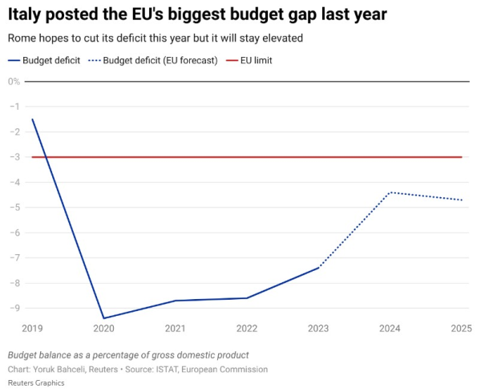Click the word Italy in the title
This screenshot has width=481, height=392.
click(24, 14)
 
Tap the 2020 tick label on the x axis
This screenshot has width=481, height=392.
click(103, 329)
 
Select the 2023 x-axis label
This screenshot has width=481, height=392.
click(318, 329)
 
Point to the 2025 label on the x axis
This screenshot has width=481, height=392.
click(461, 329)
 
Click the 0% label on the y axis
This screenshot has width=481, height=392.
click(14, 82)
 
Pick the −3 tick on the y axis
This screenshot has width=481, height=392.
click(15, 157)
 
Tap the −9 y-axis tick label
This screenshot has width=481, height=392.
click(15, 308)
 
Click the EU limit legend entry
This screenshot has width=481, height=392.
click(249, 60)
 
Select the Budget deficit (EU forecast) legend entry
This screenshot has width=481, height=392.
click(153, 60)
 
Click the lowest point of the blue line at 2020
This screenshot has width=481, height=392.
click(103, 318)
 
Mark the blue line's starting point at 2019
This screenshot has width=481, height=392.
click(33, 119)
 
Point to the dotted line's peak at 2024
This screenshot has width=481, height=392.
click(390, 192)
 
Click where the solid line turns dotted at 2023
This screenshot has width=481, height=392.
click(318, 268)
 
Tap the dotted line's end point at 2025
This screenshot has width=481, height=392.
click(462, 200)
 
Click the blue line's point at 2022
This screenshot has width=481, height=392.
click(247, 298)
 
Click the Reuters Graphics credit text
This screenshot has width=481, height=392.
click(36, 383)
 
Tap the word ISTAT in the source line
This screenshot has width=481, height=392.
click(168, 369)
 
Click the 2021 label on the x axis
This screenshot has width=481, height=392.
click(175, 329)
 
